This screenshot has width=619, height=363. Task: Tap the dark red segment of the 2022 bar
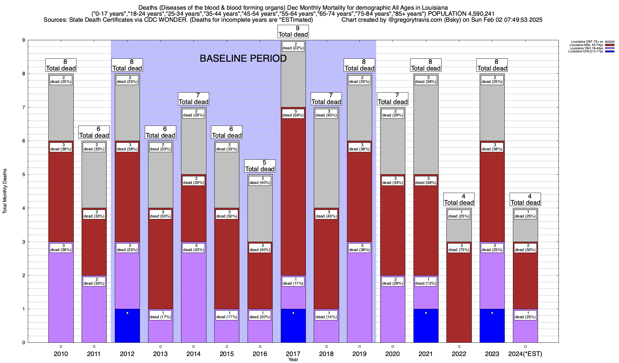[x=459, y=296]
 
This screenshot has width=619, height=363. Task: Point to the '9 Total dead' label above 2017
[x=293, y=31]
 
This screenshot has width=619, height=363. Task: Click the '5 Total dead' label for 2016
[x=260, y=166]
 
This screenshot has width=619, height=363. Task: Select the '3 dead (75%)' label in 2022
[x=459, y=248]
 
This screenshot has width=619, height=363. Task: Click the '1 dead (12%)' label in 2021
[x=426, y=281]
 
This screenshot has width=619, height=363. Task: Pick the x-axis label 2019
[x=359, y=354]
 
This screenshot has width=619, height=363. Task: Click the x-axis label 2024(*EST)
[x=525, y=354]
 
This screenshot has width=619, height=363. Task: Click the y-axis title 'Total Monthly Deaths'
[x=5, y=191]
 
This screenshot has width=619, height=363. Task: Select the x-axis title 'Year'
[x=293, y=360]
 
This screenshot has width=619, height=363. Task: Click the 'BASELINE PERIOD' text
[x=243, y=58]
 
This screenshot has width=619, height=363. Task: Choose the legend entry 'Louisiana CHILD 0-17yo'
[x=585, y=51]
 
